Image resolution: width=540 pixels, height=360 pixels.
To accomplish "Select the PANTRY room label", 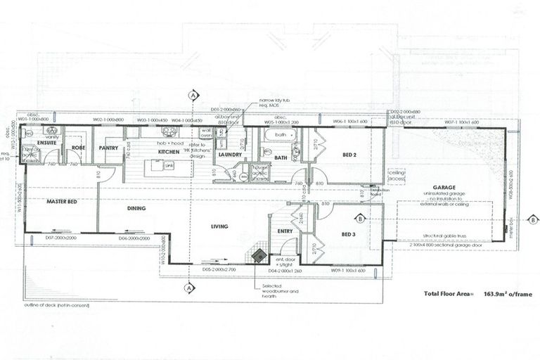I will pos(108,148).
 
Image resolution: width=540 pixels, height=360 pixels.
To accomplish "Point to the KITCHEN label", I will pos(169,151).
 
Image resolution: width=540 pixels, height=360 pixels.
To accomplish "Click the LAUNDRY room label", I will pos(230,155).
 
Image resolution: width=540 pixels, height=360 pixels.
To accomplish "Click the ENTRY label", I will pos(285,231).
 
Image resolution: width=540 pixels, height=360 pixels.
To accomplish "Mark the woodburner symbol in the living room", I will pos(259,255).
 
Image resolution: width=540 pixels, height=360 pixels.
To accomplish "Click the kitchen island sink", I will pos(169,166).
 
